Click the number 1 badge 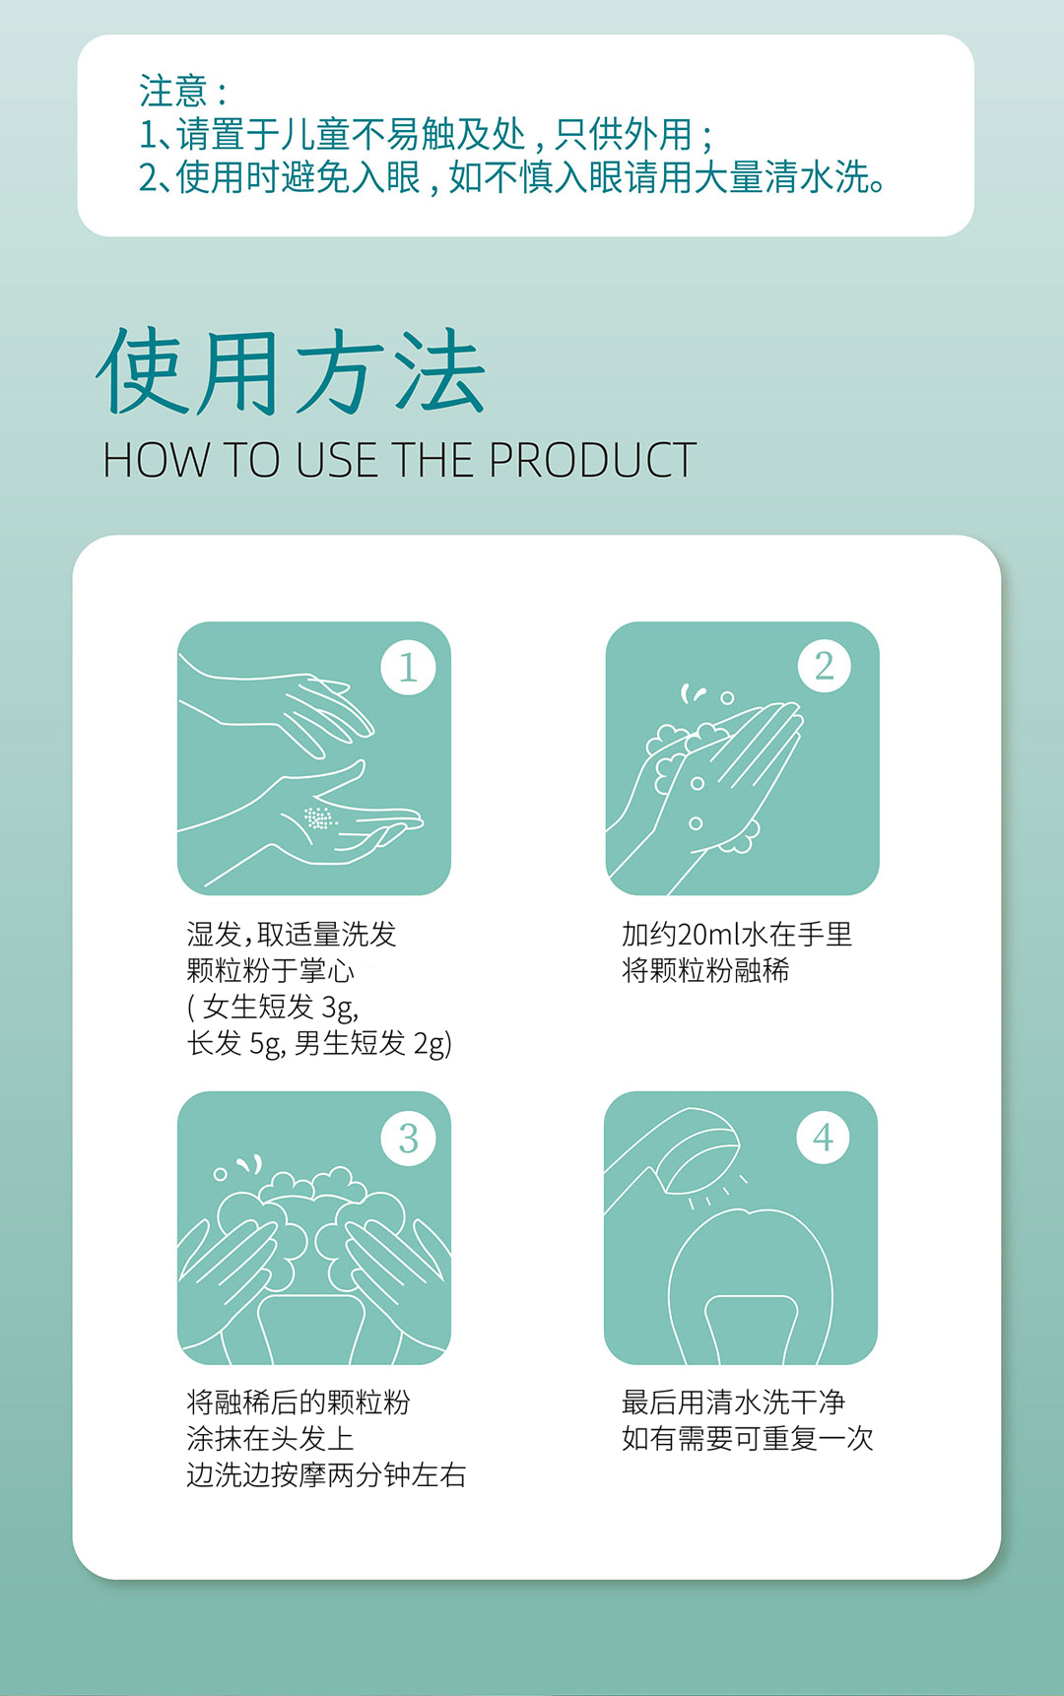408,667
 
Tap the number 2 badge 825,665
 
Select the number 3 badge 408,1139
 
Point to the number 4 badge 823,1137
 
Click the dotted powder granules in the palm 318,818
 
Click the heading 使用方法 291,372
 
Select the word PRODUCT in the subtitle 592,460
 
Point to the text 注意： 184,91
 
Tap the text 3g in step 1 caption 340,1008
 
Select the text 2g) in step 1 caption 432,1043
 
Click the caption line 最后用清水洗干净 733,1402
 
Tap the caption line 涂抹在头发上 270,1439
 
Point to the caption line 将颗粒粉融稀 705,970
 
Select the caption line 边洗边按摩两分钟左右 326,1475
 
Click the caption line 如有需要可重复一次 747,1439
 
